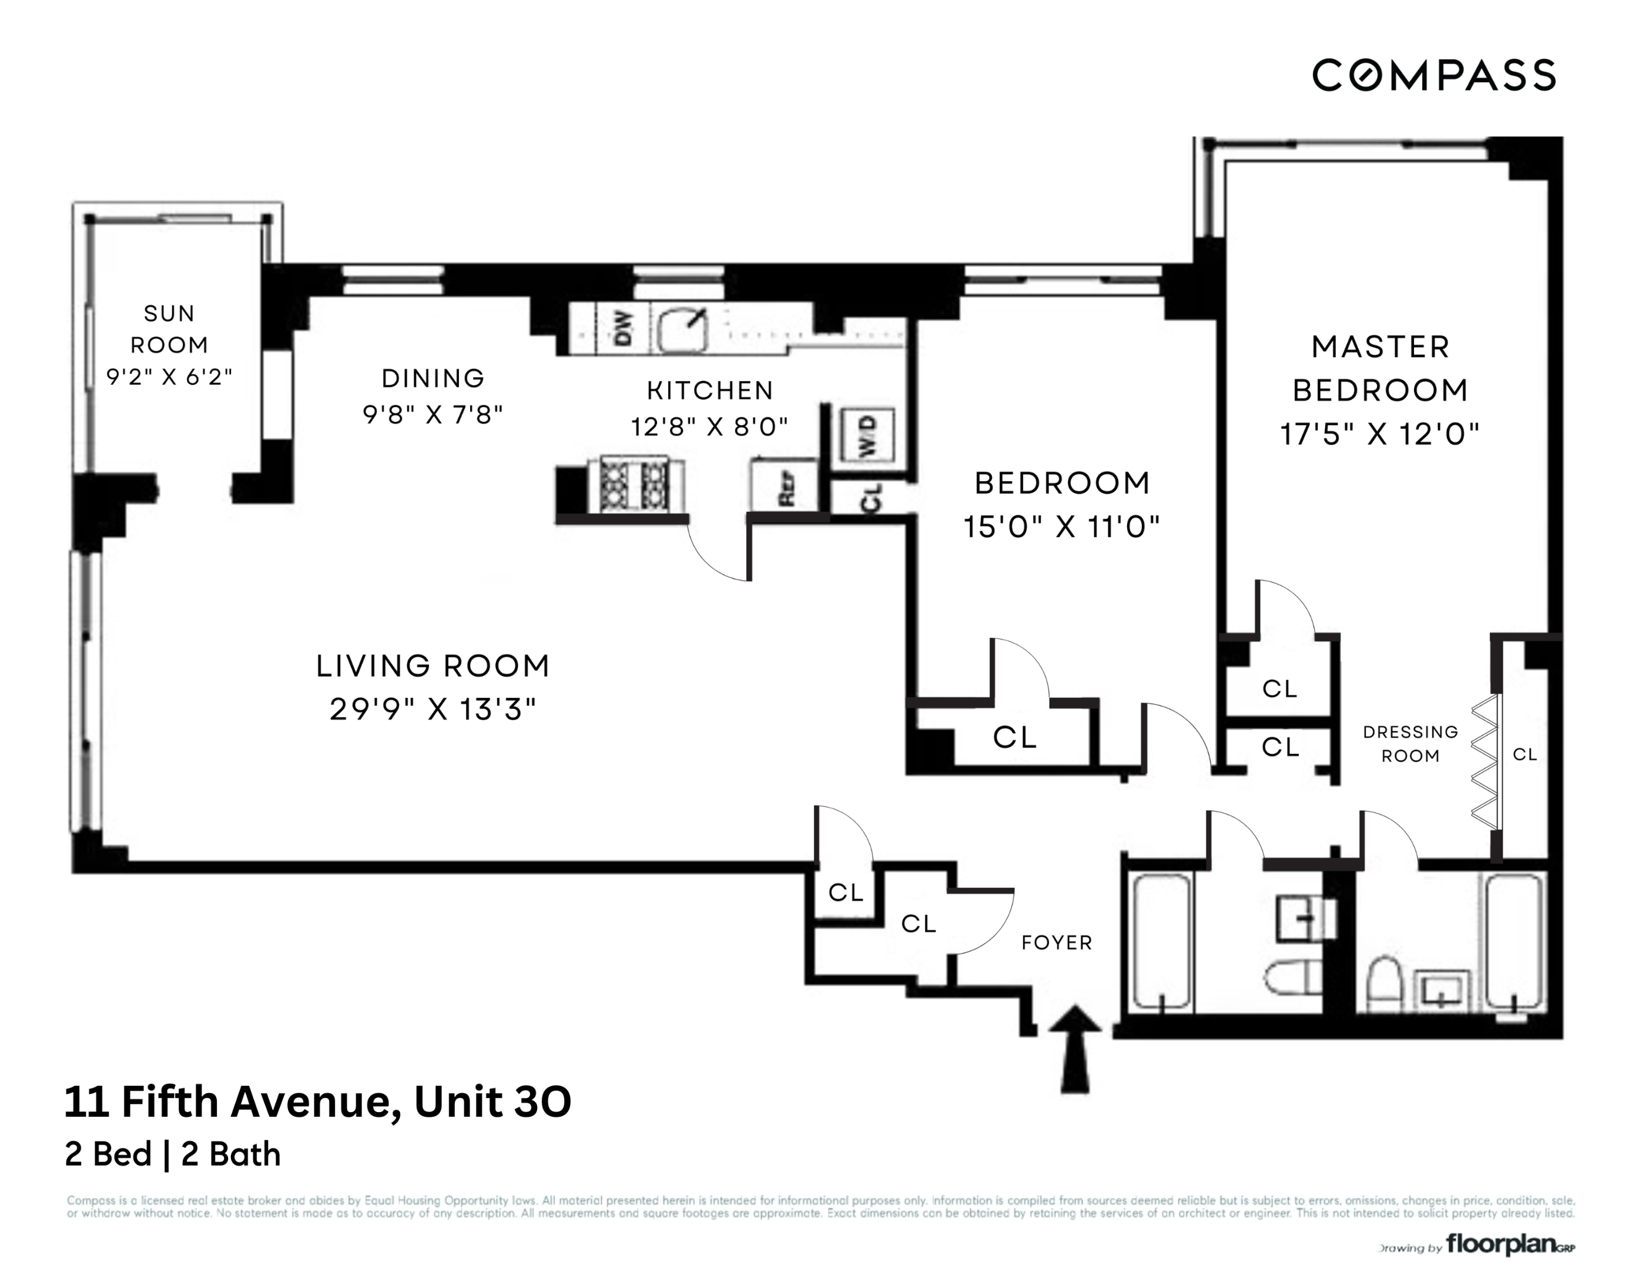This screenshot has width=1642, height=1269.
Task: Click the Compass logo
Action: pos(1433,75)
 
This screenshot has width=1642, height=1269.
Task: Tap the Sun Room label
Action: pos(169,328)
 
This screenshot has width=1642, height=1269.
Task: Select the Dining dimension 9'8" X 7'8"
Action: pos(433,414)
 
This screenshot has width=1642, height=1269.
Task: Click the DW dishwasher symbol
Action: pos(622,328)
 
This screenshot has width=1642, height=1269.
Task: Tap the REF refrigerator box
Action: pos(784,486)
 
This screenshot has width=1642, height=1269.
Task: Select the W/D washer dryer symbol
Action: pos(867,435)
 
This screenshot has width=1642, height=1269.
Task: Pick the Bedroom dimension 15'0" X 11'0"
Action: pos(1061,527)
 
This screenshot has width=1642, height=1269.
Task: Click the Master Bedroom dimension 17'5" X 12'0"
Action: pos(1380,434)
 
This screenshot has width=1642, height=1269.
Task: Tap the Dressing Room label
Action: pos(1410,744)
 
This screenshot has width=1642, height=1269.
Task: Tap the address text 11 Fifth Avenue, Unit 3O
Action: pos(317,1102)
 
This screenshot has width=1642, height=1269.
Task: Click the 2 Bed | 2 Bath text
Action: pos(173,1154)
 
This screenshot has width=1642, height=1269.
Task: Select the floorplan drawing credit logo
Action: pos(1500,1244)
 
